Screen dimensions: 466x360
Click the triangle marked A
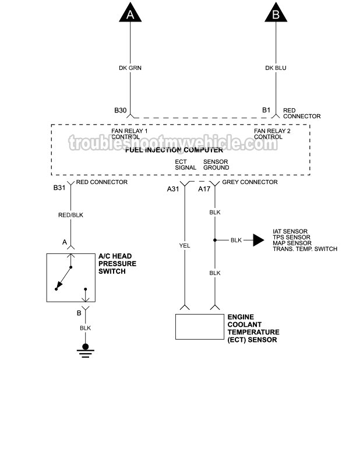(x=130, y=13)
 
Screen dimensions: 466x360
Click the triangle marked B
(x=276, y=13)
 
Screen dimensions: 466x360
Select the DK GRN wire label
(x=130, y=68)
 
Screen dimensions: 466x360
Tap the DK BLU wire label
(x=276, y=68)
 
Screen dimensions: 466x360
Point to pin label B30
(x=120, y=110)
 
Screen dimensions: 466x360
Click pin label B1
(x=266, y=110)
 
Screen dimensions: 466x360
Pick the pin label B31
(x=59, y=188)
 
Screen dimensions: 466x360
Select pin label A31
(x=173, y=189)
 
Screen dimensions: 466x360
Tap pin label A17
(x=204, y=189)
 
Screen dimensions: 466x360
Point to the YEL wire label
(x=185, y=245)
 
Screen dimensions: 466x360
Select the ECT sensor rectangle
(x=200, y=326)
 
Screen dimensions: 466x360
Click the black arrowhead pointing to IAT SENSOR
(x=257, y=239)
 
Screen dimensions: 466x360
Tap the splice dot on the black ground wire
(x=214, y=239)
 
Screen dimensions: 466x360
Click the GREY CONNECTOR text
(x=250, y=182)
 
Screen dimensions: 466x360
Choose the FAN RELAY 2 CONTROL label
(x=272, y=134)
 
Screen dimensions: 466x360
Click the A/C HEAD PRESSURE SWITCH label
(x=117, y=264)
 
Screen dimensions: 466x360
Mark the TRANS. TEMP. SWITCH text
(x=305, y=249)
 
